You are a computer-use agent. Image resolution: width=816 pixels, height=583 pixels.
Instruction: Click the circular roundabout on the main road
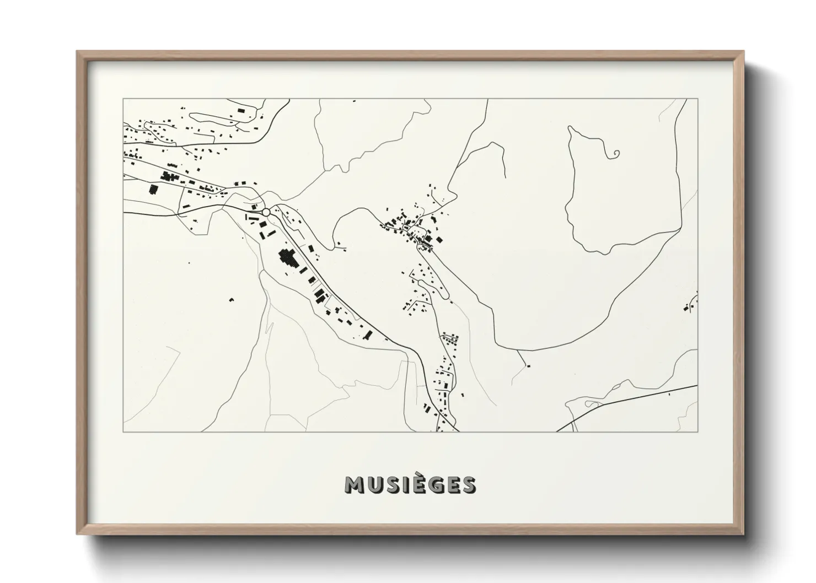(266, 212)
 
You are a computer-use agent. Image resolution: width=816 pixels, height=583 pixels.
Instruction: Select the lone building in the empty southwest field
(231, 300)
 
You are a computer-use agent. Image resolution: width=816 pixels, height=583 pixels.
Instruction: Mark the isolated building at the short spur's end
(528, 365)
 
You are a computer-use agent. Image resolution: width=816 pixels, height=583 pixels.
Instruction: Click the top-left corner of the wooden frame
(77, 52)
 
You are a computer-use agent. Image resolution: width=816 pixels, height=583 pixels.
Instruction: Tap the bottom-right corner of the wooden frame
(743, 534)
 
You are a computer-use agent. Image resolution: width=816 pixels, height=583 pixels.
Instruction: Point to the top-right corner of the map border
(698, 99)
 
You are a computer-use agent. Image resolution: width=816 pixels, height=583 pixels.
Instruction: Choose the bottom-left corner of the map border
(123, 431)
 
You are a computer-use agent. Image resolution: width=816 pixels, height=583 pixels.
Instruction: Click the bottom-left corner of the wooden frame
(77, 534)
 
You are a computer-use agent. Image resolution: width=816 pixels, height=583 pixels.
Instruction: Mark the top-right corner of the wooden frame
(743, 52)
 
